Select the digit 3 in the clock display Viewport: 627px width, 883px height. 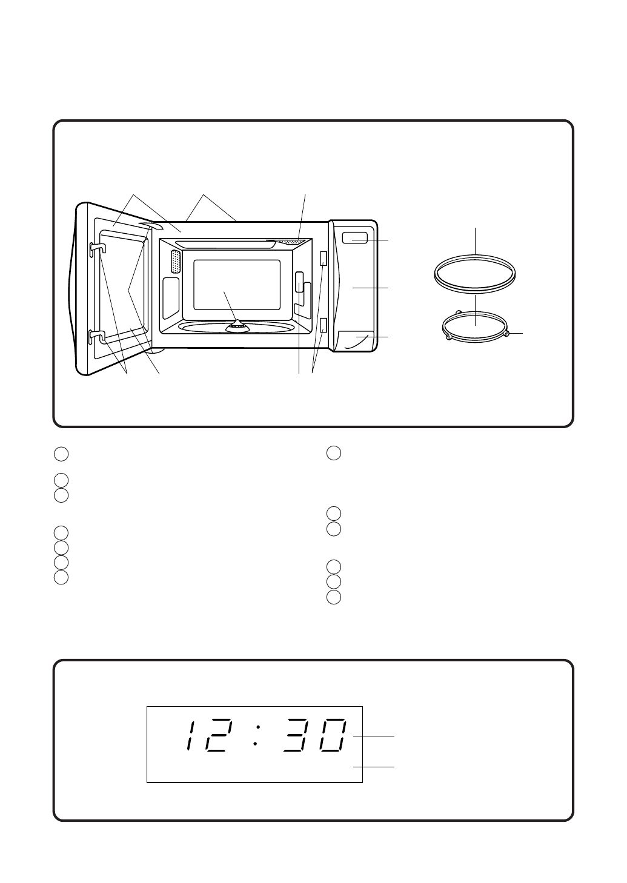299,736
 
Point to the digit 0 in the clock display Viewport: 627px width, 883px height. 334,736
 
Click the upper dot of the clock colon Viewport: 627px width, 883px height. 258,727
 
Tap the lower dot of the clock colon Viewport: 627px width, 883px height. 256,744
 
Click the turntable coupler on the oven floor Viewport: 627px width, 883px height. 237,326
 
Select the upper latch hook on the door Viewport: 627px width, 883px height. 98,248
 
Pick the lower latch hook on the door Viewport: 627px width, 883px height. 98,336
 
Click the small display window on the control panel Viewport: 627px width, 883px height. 355,237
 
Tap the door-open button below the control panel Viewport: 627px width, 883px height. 356,340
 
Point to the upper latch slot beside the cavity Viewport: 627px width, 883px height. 323,259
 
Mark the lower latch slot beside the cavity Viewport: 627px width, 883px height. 323,325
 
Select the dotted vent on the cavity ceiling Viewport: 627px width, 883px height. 288,241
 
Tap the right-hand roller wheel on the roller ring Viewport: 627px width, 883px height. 506,334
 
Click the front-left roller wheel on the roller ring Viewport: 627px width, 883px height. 448,337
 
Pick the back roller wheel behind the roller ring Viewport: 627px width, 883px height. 458,312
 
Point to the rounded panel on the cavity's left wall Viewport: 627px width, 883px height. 171,298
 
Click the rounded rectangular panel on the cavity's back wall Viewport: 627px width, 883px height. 237,285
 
